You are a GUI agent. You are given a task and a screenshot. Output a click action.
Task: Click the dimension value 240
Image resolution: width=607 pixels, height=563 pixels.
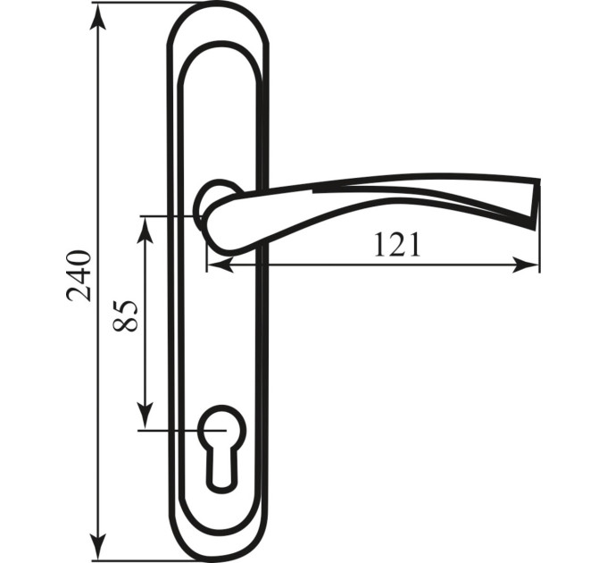point(79,275)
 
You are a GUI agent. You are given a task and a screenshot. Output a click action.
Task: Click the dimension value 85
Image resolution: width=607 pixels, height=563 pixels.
point(125,315)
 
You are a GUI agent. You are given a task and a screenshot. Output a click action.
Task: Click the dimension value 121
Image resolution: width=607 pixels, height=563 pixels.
point(397,245)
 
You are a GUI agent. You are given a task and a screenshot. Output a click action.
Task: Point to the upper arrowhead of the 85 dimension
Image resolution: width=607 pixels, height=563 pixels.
point(146,231)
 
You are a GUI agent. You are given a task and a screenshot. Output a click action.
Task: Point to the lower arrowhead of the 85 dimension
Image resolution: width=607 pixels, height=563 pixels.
point(146,416)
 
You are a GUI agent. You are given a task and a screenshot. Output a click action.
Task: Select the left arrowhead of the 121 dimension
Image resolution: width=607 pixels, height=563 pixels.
point(220,265)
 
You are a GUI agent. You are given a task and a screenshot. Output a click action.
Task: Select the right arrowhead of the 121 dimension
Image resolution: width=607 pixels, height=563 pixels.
point(525,265)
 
